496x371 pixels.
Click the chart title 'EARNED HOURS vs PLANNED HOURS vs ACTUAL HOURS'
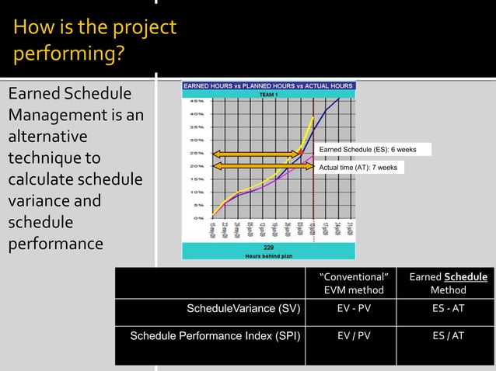pyautogui.click(x=268, y=85)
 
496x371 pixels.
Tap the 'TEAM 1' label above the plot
pyautogui.click(x=268, y=93)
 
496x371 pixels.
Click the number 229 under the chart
pyautogui.click(x=268, y=247)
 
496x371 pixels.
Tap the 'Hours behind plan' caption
pyautogui.click(x=268, y=255)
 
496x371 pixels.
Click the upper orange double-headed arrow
pyautogui.click(x=257, y=154)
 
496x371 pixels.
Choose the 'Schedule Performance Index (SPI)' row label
pyautogui.click(x=215, y=336)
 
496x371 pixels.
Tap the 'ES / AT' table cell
pyautogui.click(x=448, y=336)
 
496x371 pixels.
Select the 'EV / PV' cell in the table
pyautogui.click(x=354, y=336)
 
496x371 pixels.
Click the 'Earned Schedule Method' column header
pyautogui.click(x=448, y=283)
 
